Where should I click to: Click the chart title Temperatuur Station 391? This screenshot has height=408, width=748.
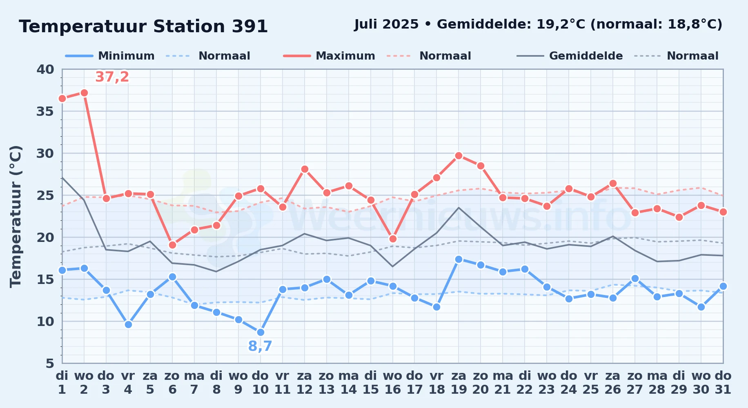(x=143, y=27)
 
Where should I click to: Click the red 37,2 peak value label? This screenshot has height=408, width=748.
(x=112, y=77)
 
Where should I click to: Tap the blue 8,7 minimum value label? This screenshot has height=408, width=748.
(x=260, y=346)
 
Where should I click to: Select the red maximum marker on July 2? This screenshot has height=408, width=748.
(x=84, y=93)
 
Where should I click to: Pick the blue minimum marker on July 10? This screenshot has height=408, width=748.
(x=260, y=332)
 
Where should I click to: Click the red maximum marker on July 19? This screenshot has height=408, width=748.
(x=459, y=155)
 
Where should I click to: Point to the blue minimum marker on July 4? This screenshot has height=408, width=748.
(x=128, y=324)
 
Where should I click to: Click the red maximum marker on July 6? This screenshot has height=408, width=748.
(x=172, y=245)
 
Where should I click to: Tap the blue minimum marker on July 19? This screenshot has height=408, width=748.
(x=459, y=259)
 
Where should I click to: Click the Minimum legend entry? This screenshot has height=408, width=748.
(x=110, y=56)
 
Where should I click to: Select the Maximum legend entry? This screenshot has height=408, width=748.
(x=329, y=56)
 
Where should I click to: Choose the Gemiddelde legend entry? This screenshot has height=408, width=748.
(x=570, y=56)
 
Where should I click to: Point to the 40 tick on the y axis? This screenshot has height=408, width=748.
(x=45, y=69)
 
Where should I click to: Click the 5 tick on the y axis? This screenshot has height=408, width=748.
(x=50, y=363)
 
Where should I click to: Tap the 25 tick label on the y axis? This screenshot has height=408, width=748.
(x=45, y=195)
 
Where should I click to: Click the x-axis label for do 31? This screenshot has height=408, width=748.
(x=723, y=382)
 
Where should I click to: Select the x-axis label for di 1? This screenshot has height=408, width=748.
(x=62, y=382)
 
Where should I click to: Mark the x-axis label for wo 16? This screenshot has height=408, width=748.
(x=393, y=382)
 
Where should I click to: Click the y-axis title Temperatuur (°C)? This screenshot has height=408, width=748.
(x=16, y=216)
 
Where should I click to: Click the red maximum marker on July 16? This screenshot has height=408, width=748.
(x=393, y=239)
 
